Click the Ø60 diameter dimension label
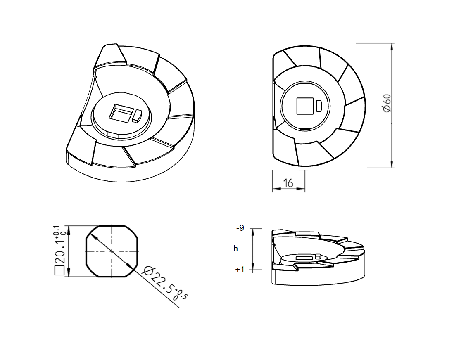tap(387, 103)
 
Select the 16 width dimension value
tap(288, 182)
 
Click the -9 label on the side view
tap(240, 228)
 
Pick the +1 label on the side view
tap(240, 270)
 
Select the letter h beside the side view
tap(235, 249)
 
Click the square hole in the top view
tap(305, 106)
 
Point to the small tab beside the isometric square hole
tap(137, 115)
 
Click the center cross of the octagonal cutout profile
tap(112, 251)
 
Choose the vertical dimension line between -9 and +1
tap(253, 249)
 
